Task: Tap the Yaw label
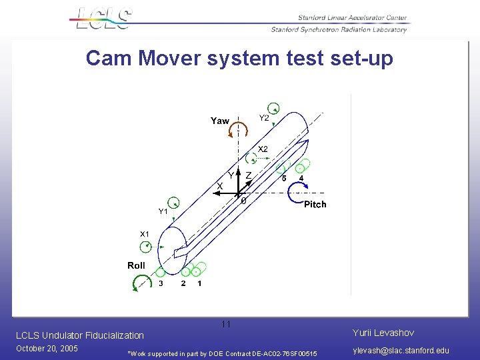[x=219, y=121]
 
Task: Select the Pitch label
[x=315, y=204]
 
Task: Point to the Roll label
[x=136, y=265]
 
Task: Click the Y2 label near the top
[x=264, y=118]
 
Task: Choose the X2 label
[x=263, y=149]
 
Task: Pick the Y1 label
[x=163, y=211]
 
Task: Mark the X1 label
[x=144, y=234]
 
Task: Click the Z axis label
[x=248, y=175]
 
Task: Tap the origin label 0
[x=243, y=201]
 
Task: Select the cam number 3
[x=161, y=283]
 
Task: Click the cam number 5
[x=284, y=179]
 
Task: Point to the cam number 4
[x=301, y=179]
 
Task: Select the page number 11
[x=226, y=324]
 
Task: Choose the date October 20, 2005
[x=47, y=349]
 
